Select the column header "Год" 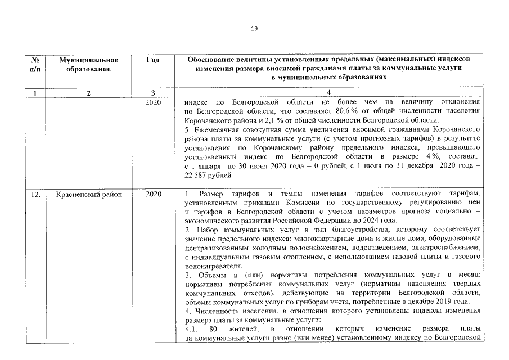pos(152,60)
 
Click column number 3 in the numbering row pos(152,93)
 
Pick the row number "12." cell pos(35,194)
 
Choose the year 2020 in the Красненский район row pos(152,194)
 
